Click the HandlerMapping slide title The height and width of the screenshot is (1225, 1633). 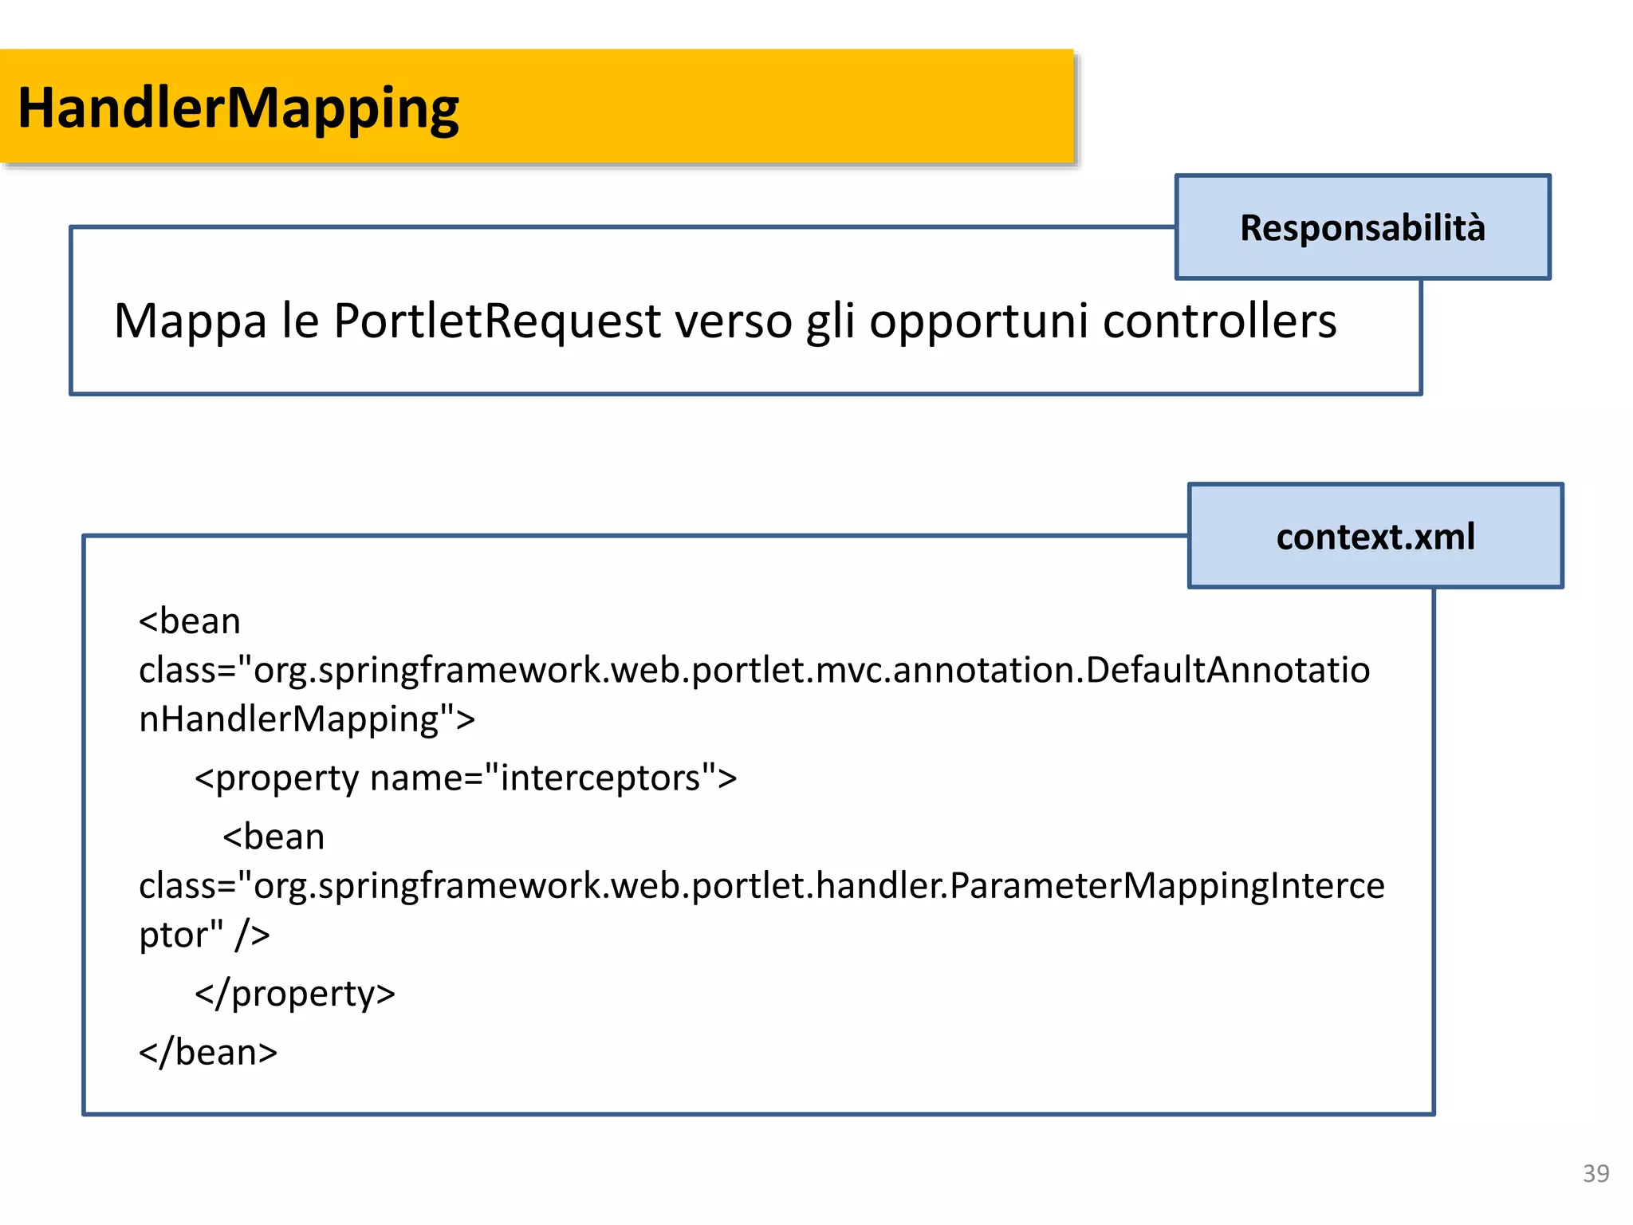(238, 108)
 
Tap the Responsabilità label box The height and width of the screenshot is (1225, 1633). (1362, 227)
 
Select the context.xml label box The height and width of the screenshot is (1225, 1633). (1375, 536)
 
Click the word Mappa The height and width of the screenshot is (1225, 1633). (190, 321)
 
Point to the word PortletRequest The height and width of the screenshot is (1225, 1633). (497, 321)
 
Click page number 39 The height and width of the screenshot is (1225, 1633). (1596, 1174)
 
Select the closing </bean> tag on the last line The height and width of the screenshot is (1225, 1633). (208, 1053)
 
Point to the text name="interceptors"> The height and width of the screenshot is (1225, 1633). (553, 778)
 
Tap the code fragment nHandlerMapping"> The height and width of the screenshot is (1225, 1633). (307, 719)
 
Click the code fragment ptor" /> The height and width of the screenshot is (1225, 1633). (204, 935)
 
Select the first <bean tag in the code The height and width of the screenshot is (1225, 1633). (190, 621)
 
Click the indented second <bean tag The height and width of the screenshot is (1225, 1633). (273, 837)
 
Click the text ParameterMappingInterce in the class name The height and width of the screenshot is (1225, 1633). (1167, 886)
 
